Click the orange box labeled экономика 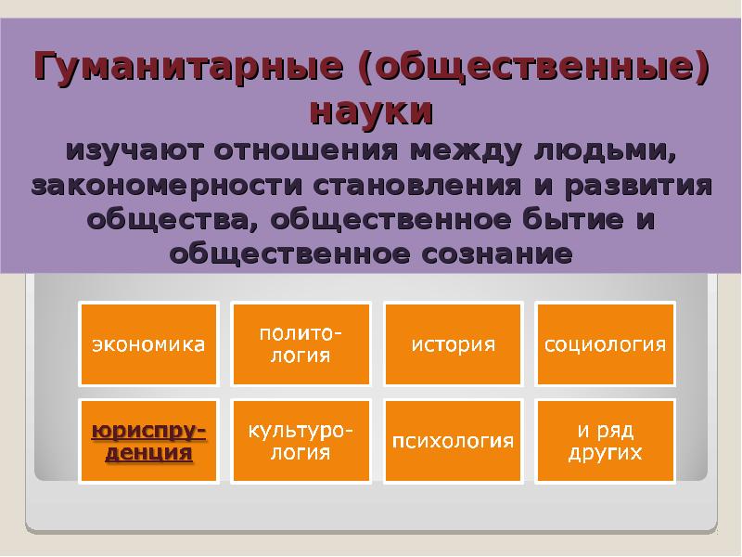pos(148,343)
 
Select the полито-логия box pos(301,343)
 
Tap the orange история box pos(453,343)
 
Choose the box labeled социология pos(605,343)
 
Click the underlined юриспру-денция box pos(148,442)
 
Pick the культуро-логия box pos(301,442)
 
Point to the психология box pos(453,442)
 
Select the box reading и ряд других pos(605,442)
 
